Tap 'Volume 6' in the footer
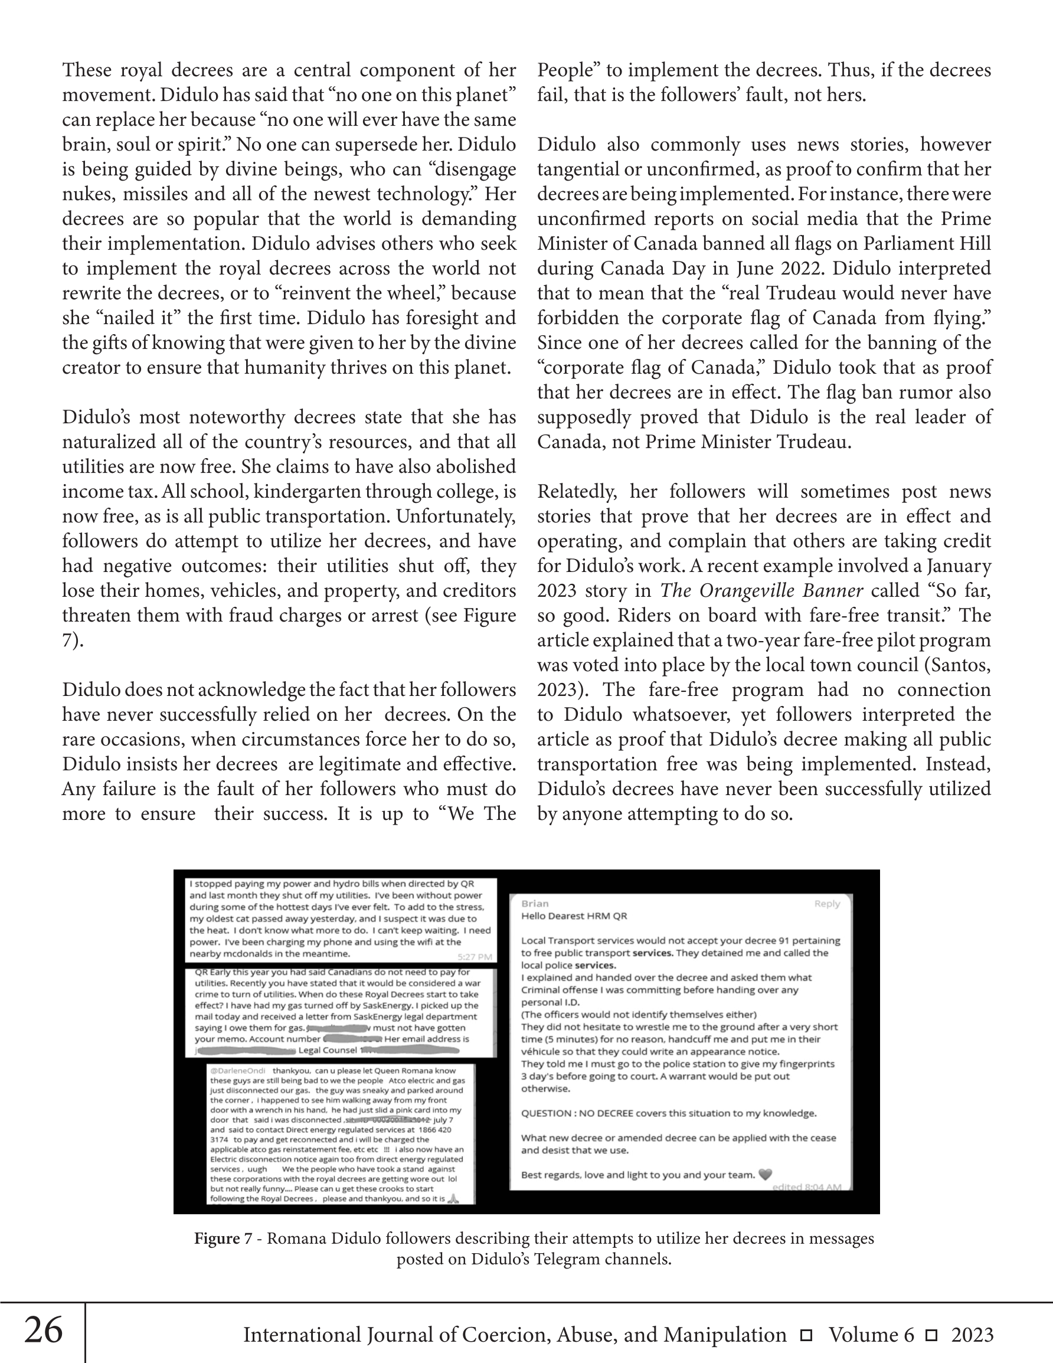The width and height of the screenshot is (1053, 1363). [871, 1335]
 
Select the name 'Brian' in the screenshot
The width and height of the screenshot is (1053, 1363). [535, 904]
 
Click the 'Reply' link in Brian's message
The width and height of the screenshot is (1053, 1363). [827, 904]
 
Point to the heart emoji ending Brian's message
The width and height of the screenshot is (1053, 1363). [764, 1175]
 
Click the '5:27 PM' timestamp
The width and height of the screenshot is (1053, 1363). [475, 957]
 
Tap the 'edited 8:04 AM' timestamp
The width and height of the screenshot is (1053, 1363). [807, 1187]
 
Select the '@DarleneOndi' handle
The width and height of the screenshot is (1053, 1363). [238, 1070]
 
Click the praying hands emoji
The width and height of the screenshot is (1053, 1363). [454, 1198]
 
